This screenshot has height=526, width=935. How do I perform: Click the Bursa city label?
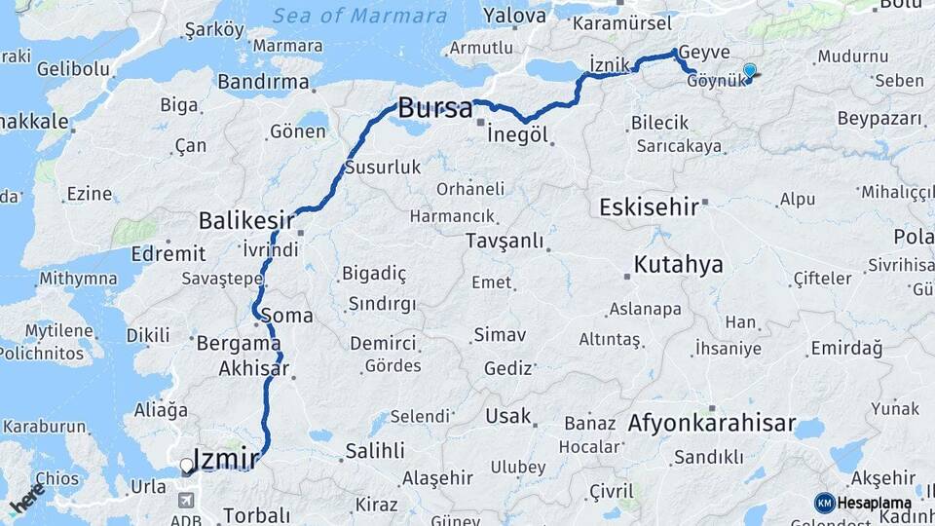point(435,107)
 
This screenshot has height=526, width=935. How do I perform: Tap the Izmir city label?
point(226,459)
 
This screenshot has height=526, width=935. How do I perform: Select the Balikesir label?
point(246,221)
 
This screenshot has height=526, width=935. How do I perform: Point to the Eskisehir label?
point(650,207)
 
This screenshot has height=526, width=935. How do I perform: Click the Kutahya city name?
point(678,265)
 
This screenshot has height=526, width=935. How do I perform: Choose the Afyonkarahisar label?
point(709,425)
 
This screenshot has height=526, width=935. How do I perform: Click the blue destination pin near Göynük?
point(749,71)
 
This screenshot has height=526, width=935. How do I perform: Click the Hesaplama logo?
point(864,503)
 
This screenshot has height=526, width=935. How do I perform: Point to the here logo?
point(26,496)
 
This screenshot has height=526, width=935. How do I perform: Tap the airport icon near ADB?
point(186,500)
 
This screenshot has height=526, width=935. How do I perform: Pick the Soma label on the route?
point(287,316)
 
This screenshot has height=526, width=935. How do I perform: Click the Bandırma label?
point(263,82)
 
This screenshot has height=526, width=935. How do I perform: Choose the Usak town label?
point(508,417)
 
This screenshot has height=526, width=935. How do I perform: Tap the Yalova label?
point(514,17)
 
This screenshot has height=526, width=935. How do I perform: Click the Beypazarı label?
point(879,119)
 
